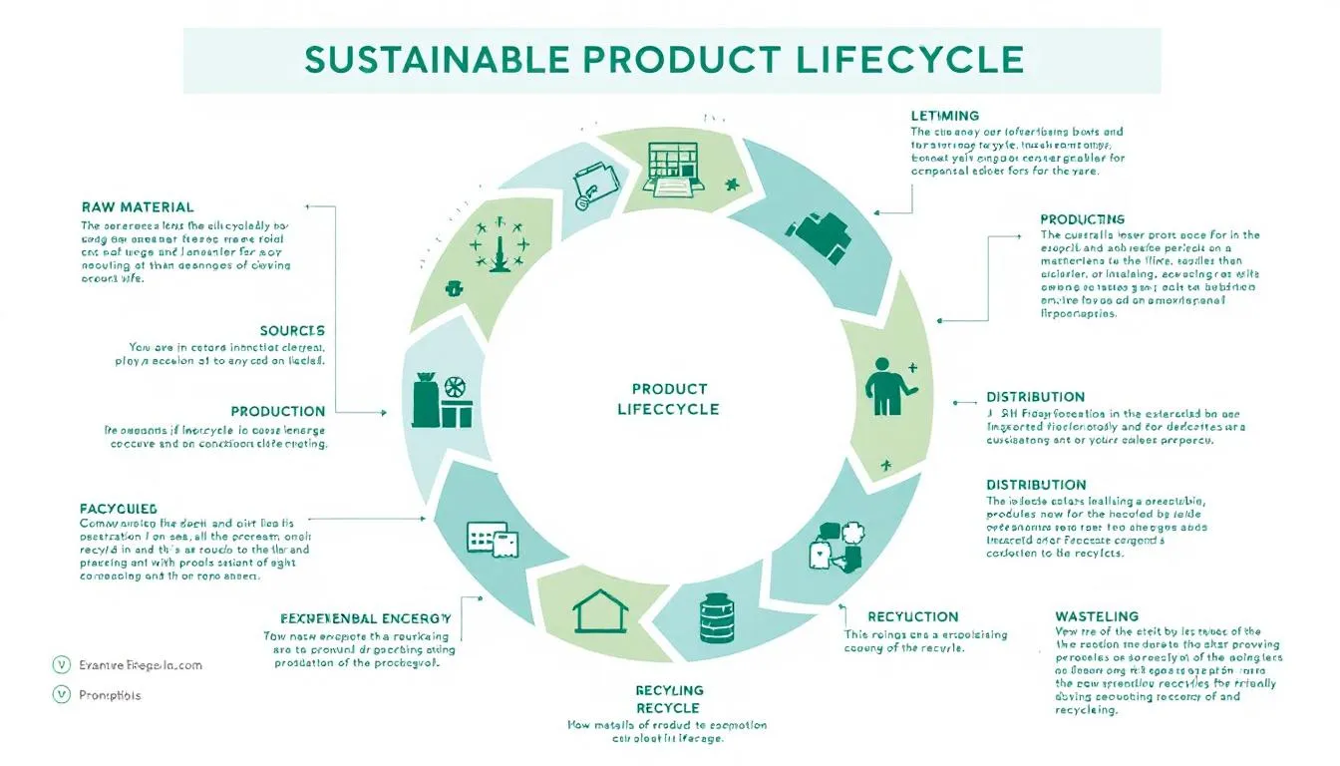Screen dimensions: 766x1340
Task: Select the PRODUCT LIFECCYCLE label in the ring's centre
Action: click(x=668, y=399)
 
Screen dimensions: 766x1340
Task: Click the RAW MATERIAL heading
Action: click(x=138, y=207)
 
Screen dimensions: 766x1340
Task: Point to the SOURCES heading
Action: click(x=292, y=330)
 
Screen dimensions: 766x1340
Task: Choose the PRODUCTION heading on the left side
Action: click(x=278, y=411)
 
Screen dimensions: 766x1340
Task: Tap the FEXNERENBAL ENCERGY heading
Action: click(x=366, y=618)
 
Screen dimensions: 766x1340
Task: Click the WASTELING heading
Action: click(x=1097, y=616)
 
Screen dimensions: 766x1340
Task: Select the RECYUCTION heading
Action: click(x=913, y=616)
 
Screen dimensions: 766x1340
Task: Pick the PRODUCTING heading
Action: click(x=1083, y=218)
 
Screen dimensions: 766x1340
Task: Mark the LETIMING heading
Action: click(x=945, y=116)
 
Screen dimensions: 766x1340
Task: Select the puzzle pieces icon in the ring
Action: click(x=837, y=544)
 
